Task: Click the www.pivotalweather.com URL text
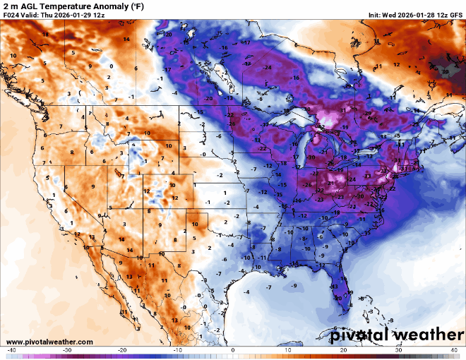coord(49,342)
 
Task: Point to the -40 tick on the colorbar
coord(11,349)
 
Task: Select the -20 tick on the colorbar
coord(122,349)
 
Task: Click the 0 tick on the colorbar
coord(233,349)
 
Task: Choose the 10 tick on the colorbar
coord(288,349)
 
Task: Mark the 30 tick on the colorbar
coord(399,349)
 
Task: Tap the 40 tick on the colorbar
coord(454,349)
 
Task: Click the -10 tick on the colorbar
coord(177,349)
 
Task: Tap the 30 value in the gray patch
coord(445,71)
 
